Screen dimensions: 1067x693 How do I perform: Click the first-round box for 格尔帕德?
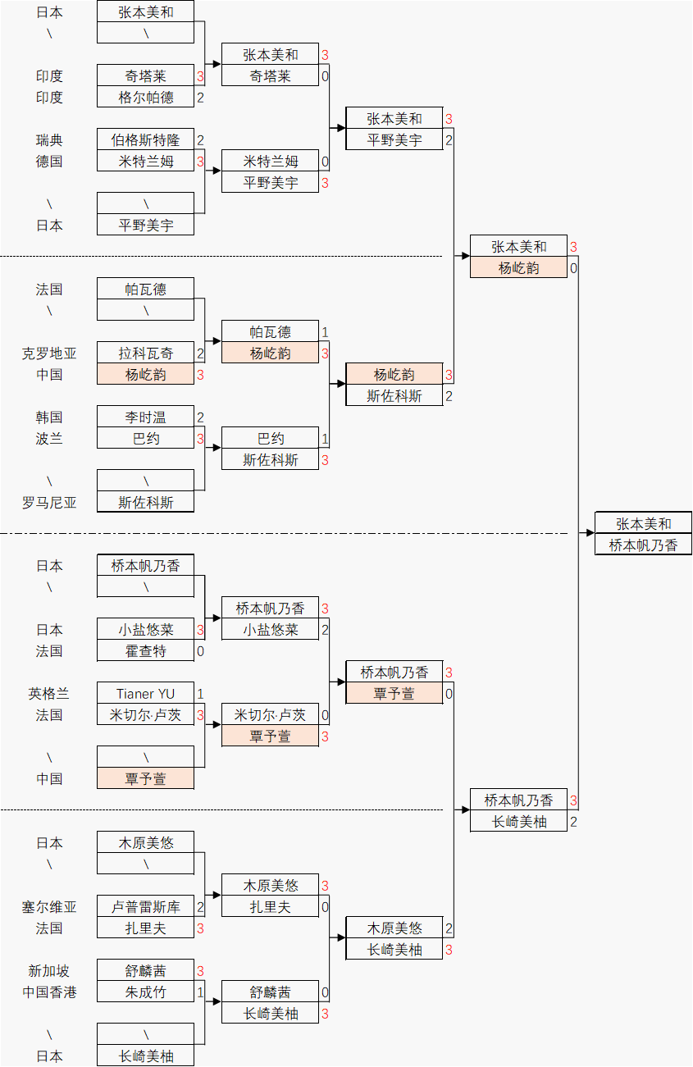146,98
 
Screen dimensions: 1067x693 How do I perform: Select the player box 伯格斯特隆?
146,140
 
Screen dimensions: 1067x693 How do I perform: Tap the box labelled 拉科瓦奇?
146,353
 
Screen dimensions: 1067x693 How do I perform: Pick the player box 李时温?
146,417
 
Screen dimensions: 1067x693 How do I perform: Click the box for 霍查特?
146,651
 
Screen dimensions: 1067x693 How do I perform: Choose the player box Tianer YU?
146,694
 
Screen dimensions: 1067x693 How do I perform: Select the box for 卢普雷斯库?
146,907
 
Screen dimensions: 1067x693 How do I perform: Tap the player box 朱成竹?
146,992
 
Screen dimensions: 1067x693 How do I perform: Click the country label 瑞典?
49,140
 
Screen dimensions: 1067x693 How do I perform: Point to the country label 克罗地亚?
49,353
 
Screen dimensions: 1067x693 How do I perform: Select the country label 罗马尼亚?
49,503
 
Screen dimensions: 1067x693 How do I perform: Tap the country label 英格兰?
49,694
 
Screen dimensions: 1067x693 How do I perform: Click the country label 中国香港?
49,992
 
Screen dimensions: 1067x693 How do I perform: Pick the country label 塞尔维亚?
49,907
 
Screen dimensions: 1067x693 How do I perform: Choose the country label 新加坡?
49,971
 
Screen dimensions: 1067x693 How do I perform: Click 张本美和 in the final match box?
644,524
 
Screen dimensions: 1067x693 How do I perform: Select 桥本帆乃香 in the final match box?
644,545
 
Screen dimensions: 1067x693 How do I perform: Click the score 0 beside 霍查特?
200,651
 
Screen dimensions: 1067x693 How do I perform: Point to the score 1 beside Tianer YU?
200,694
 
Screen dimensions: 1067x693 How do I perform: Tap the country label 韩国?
49,417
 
